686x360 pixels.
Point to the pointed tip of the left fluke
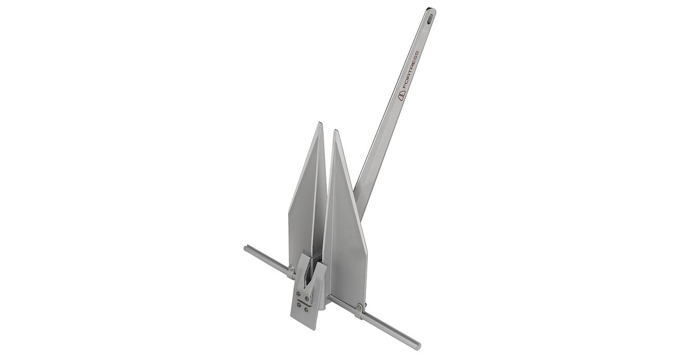tap(319, 122)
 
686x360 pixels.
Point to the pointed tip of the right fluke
tap(337, 131)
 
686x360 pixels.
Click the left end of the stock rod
tap(246, 249)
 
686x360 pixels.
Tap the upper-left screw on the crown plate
tap(298, 295)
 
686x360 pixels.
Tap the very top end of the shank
tap(431, 9)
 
